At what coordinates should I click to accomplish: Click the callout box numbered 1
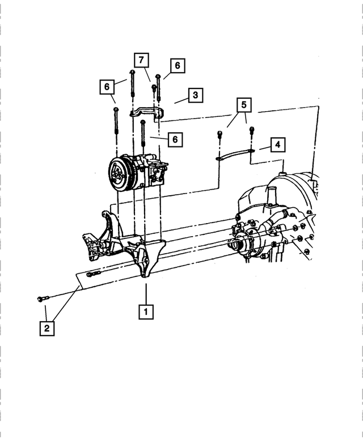point(146,311)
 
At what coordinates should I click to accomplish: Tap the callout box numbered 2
point(47,328)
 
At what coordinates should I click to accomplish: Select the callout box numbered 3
point(195,95)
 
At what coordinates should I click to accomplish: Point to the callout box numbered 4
point(277,145)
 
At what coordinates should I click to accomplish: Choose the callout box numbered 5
point(243,105)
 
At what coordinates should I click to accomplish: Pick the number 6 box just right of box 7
point(177,66)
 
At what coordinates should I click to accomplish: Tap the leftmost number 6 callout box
point(105,87)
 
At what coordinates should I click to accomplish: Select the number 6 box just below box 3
point(175,138)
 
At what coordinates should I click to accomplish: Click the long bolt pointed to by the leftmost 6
point(116,122)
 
